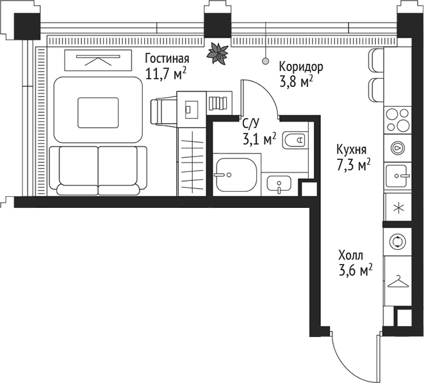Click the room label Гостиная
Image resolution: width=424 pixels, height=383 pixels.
[x=167, y=58]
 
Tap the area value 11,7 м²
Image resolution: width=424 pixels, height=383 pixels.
[x=165, y=73]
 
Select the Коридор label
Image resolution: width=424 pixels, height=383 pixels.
[x=301, y=66]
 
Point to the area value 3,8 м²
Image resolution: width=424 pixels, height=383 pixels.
[x=296, y=81]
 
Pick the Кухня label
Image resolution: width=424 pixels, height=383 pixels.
[x=352, y=150]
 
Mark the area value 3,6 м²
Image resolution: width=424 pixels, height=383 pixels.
[x=355, y=271]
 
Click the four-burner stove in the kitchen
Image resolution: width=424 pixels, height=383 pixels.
[x=397, y=120]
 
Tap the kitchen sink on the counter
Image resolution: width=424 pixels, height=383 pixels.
[x=398, y=174]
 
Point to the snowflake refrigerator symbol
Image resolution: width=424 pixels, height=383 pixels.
[x=398, y=207]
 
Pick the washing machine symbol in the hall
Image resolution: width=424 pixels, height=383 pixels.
[x=398, y=241]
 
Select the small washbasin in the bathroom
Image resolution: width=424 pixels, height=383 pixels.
[x=279, y=184]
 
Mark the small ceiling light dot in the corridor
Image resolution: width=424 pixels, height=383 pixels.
[x=265, y=61]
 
